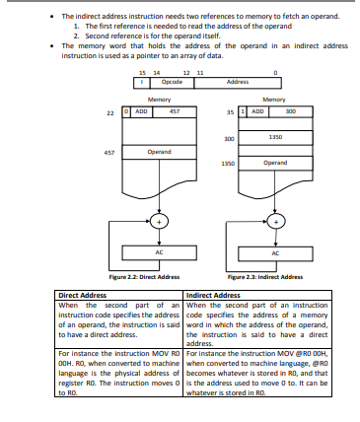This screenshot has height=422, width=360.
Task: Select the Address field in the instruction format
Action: tap(237, 82)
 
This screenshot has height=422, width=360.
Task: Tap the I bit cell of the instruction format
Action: tap(141, 82)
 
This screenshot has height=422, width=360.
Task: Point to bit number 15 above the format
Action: tap(142, 73)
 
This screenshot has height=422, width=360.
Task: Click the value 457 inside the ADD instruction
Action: tap(175, 112)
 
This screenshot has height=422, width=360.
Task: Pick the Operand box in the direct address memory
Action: tap(160, 152)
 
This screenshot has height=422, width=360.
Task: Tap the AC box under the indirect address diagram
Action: tap(275, 251)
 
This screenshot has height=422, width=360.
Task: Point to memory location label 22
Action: tap(112, 112)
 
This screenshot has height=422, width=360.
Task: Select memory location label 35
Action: tap(228, 112)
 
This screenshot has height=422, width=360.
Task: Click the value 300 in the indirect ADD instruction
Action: tap(290, 112)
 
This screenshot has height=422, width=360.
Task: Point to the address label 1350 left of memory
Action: tap(227, 162)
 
